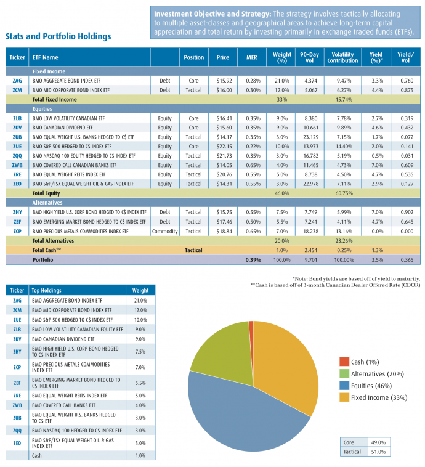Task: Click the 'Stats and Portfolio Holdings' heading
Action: coord(58,36)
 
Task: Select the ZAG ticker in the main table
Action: coord(17,80)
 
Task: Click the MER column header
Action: coord(253,57)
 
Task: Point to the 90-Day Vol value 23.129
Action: coord(309,136)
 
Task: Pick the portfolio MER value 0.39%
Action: coord(253,260)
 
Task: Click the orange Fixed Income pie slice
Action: coord(283,363)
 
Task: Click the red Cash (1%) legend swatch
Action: coord(343,362)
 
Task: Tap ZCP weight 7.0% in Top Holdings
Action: coord(140,367)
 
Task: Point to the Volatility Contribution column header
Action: coord(342,57)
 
